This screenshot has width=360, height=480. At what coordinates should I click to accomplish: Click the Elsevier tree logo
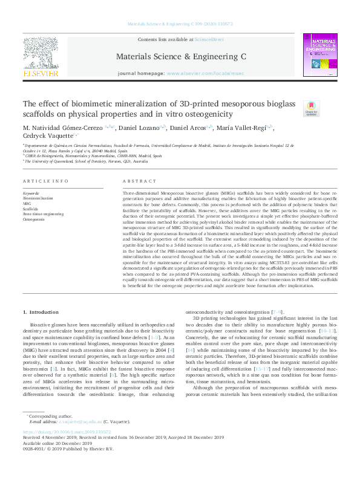[41, 54]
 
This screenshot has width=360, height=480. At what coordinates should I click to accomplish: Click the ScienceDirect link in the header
[209, 39]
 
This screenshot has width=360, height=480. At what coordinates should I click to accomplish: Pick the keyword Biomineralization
[38, 198]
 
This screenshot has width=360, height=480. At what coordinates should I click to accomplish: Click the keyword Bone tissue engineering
[43, 214]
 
